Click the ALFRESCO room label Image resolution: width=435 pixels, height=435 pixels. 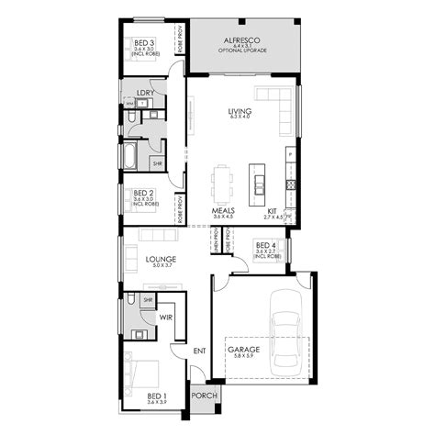(244, 40)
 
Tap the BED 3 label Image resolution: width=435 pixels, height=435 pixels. (143, 41)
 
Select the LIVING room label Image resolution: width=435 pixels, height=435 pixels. (240, 111)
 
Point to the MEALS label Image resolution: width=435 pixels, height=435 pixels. (224, 210)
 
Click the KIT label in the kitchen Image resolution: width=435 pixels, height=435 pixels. (273, 210)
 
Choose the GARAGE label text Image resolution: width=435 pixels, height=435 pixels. (244, 350)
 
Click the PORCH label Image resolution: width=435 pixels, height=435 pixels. (203, 396)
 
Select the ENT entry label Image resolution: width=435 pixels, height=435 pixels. (199, 350)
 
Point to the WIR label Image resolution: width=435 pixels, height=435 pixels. (167, 318)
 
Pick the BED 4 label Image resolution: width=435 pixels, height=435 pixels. (265, 245)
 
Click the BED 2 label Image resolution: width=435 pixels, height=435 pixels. (143, 193)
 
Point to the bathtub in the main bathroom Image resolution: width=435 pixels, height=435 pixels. (130, 157)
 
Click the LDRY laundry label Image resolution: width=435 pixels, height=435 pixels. (144, 93)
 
